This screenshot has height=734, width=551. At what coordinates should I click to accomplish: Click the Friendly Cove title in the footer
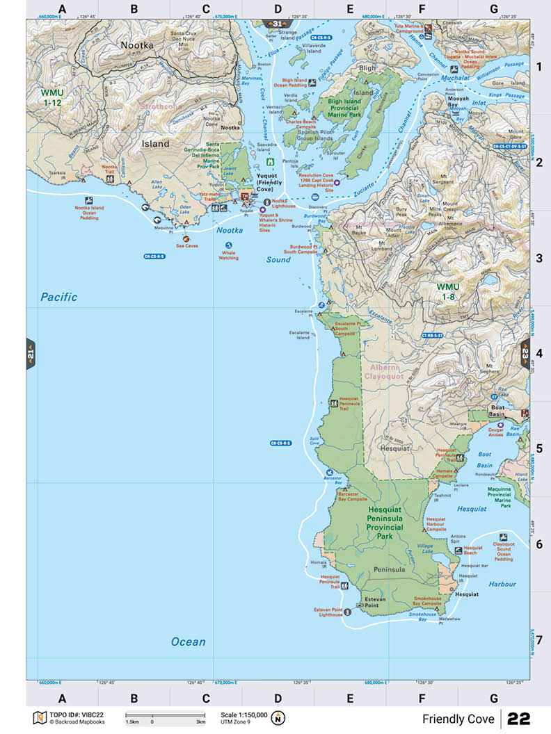coord(458,719)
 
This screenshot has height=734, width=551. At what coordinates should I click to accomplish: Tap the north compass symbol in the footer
coord(278,718)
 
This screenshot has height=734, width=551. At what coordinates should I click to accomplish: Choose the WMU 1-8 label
coord(448,291)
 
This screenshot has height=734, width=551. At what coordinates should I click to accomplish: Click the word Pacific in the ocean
coord(58,297)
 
